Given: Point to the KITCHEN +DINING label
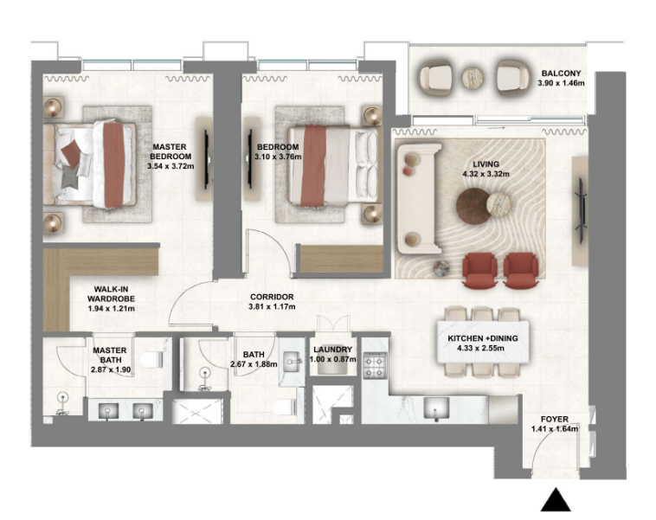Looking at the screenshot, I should coord(475,342).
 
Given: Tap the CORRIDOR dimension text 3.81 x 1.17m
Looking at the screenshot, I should coord(272,306).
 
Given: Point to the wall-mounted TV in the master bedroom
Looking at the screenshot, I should coord(206,160).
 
